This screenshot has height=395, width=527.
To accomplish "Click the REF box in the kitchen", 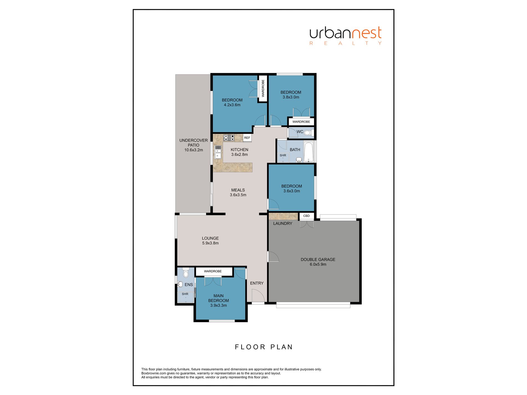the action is coord(247,138).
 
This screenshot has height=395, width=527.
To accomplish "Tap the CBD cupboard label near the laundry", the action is coord(306,216).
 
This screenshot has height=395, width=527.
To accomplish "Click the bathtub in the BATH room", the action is coord(309,152).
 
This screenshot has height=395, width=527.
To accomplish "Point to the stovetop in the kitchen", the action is coord(229,138).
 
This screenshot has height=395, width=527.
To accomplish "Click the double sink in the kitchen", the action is coord(218,152).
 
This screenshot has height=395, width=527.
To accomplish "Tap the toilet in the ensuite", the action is coord(186,272).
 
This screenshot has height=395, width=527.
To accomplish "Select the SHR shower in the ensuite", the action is coord(186,297).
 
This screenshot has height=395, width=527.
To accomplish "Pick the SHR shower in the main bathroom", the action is coord(283,157).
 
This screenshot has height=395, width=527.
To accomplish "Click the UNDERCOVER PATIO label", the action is coord(194,143).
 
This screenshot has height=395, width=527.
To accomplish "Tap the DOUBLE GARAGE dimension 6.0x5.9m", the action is coord(318,264).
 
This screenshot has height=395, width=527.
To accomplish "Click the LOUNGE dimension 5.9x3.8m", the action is coord(210,243).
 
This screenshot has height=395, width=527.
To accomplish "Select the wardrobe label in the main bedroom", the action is coord(213,271).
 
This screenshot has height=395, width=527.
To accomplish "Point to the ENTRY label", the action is coord(257,283).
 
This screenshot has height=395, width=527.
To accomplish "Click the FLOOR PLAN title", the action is coord(264,347).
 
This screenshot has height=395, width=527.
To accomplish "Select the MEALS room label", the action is coord(238,190).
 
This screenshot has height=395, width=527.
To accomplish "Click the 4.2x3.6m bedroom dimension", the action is coord(232,105).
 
